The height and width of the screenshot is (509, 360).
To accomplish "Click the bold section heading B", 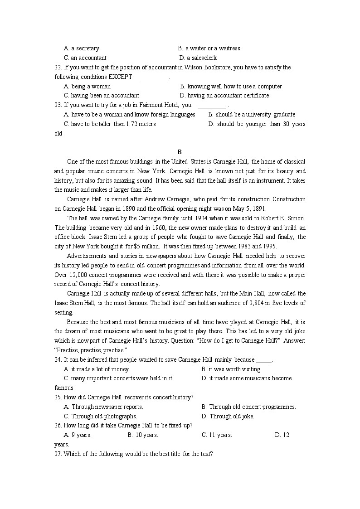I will pyautogui.click(x=180, y=152).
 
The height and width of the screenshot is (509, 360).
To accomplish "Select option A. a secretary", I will pyautogui.click(x=82, y=48).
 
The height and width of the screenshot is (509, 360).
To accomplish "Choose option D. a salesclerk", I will pyautogui.click(x=198, y=58).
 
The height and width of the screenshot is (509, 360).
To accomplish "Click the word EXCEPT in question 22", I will pyautogui.click(x=120, y=77).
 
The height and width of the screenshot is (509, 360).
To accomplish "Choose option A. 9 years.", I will pyautogui.click(x=78, y=435).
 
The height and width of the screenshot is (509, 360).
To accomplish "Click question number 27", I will pyautogui.click(x=58, y=454).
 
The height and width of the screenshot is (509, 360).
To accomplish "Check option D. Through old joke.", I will pyautogui.click(x=228, y=417).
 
